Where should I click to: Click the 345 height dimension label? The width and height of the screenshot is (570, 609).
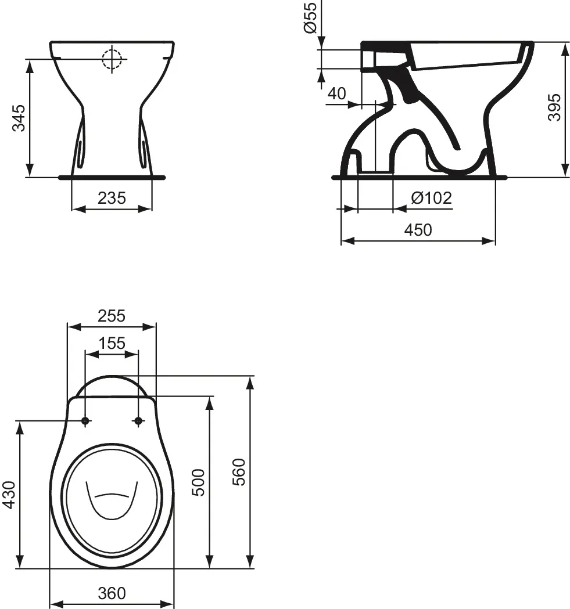(19, 118)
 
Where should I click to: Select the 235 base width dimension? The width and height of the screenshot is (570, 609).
(112, 198)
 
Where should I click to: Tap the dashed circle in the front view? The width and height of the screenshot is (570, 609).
(112, 59)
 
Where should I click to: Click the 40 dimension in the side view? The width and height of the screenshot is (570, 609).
(336, 93)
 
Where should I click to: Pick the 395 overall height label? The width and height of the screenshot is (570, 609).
(555, 107)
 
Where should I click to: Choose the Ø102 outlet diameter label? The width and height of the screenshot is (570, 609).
(431, 198)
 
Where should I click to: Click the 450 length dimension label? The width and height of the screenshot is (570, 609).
(418, 230)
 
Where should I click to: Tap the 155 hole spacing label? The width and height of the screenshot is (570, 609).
(112, 343)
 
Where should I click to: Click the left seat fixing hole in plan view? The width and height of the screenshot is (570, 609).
(85, 421)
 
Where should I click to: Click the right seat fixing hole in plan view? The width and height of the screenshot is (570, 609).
(138, 421)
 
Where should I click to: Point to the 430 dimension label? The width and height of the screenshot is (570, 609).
(9, 495)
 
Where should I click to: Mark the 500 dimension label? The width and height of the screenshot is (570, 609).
(199, 482)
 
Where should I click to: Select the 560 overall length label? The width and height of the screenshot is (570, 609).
(239, 471)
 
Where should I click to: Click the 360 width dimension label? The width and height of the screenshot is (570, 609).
(112, 593)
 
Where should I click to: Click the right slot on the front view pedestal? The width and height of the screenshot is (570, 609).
(143, 151)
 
